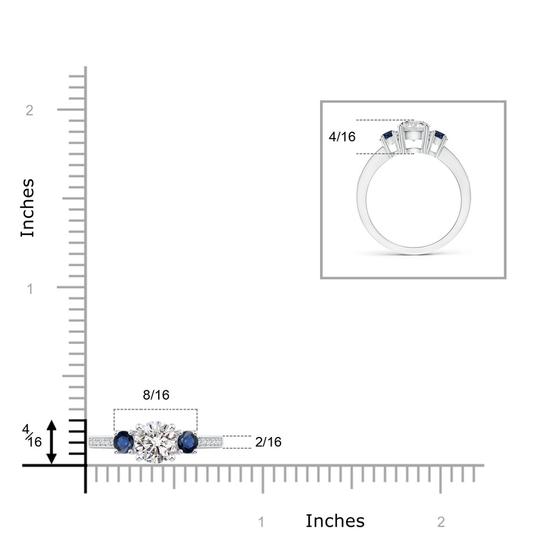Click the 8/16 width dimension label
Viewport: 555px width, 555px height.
tap(156, 394)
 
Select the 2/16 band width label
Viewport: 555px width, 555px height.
tap(268, 442)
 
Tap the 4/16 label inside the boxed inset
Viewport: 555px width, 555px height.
tap(342, 136)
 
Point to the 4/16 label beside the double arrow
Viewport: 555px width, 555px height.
tap(32, 436)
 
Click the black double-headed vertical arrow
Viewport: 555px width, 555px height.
tap(52, 442)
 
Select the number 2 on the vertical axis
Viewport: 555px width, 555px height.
tap(30, 110)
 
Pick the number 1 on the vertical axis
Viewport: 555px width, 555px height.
tap(30, 289)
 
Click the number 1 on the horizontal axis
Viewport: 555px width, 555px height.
tap(262, 522)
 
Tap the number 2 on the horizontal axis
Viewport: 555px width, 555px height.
tap(441, 522)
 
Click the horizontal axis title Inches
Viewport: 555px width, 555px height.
tap(335, 521)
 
